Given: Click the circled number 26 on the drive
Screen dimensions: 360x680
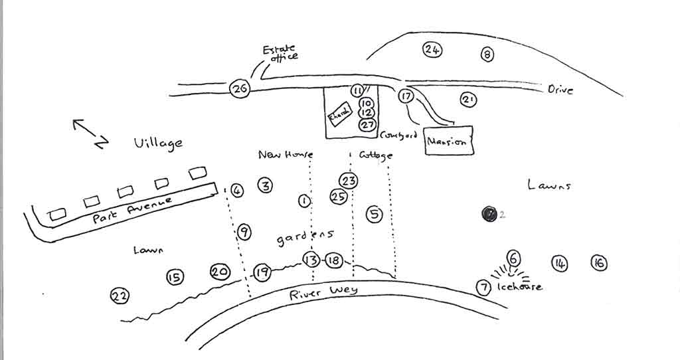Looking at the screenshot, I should pyautogui.click(x=240, y=88).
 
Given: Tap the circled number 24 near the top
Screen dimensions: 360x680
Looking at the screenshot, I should pyautogui.click(x=432, y=50).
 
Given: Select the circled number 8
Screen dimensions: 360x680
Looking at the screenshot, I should pyautogui.click(x=487, y=55).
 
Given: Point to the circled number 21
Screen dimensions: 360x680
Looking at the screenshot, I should pyautogui.click(x=469, y=100).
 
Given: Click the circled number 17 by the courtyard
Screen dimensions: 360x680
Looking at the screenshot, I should pyautogui.click(x=406, y=96).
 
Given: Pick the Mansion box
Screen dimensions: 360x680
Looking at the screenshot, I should pyautogui.click(x=449, y=141).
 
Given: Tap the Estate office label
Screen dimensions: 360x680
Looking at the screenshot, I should pyautogui.click(x=280, y=53).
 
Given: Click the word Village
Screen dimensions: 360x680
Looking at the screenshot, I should pyautogui.click(x=157, y=143).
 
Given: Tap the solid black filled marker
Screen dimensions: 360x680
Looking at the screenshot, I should pyautogui.click(x=489, y=214).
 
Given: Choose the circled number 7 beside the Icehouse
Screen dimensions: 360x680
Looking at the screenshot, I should pyautogui.click(x=484, y=288).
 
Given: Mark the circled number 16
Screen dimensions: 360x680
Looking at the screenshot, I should pyautogui.click(x=598, y=263).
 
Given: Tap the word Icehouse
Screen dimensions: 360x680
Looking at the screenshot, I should pyautogui.click(x=519, y=287).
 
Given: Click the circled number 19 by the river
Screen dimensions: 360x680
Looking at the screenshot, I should pyautogui.click(x=262, y=272).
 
